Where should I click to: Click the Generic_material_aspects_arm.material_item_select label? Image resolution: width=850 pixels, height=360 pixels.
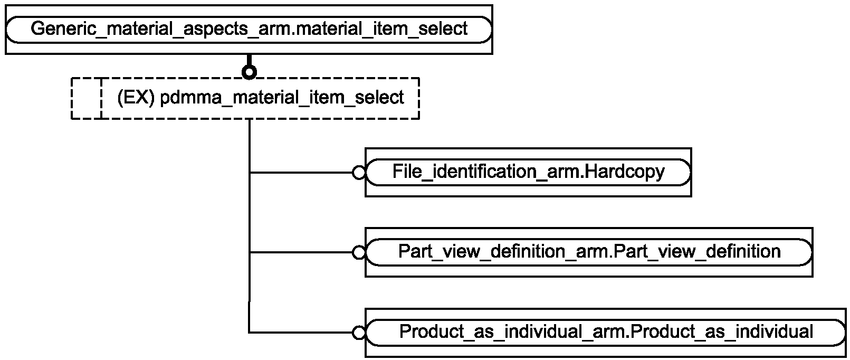249,29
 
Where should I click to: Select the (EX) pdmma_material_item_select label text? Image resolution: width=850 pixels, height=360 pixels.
260,98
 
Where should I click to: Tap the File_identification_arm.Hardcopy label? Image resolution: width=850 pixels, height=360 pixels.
528,172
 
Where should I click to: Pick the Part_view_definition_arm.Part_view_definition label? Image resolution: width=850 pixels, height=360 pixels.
589,252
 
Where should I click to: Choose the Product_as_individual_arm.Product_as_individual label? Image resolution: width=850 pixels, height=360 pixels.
606,331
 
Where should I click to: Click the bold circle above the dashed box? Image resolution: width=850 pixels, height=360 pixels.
249,72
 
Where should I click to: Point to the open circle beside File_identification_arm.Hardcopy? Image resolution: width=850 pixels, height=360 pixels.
359,173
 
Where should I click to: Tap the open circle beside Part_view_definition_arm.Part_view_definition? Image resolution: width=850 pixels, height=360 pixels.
359,252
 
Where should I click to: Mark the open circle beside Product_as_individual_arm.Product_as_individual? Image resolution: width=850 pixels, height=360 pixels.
359,333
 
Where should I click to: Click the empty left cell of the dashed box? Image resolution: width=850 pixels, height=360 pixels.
87,98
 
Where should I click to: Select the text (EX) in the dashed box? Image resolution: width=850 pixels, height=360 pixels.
136,98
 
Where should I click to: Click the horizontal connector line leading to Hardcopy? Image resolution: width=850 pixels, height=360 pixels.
301,173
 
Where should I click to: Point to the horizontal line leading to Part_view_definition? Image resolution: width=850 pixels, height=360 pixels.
301,252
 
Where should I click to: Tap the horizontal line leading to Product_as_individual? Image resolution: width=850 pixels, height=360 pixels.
301,333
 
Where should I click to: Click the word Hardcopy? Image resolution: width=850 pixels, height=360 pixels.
624,172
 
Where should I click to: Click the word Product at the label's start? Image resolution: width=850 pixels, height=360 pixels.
432,331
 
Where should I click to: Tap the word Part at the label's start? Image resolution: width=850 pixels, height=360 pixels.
416,251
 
